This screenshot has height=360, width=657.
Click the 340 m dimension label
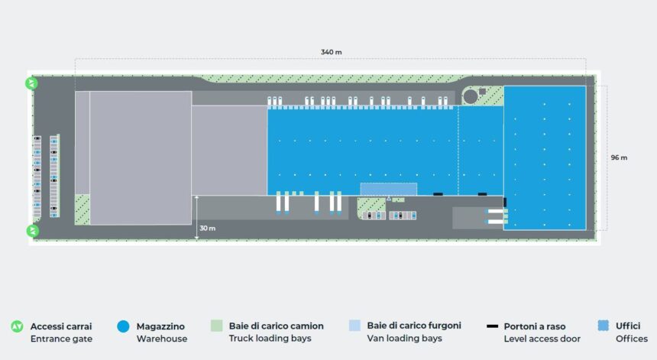[x=331, y=53]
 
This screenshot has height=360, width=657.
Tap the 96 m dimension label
[x=619, y=157]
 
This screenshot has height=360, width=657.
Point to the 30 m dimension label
[x=207, y=228]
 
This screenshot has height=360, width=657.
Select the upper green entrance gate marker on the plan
[x=32, y=83]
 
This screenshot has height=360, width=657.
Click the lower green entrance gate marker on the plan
[x=33, y=231]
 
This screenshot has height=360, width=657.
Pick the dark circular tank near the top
[x=471, y=96]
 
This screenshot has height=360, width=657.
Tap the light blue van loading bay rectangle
[x=389, y=189]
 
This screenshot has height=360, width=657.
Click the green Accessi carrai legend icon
[x=17, y=326]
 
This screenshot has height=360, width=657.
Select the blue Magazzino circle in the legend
[x=123, y=326]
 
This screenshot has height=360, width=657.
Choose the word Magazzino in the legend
[x=160, y=326]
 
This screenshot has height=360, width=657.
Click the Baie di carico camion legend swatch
[x=217, y=326]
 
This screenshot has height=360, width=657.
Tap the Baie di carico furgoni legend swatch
[x=355, y=325]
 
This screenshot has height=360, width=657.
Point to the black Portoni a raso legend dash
[x=492, y=326]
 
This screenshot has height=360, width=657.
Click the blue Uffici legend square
[x=604, y=326]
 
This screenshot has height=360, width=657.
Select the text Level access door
[x=542, y=339]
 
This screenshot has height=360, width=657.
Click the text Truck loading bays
[x=270, y=338]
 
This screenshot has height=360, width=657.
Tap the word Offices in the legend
[x=632, y=338]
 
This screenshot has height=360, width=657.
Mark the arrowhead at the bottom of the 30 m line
[x=196, y=238]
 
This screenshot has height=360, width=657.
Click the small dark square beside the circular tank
[x=482, y=91]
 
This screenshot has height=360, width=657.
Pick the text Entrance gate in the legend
[x=62, y=339]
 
